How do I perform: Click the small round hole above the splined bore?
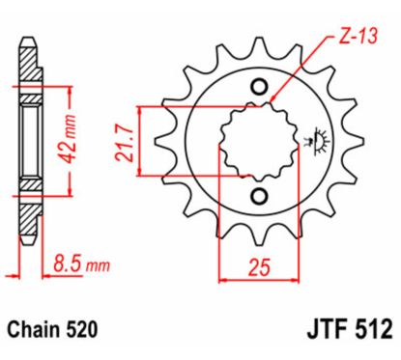(257, 89)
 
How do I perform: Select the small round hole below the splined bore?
(257, 196)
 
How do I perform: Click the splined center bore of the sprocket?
(257, 142)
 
